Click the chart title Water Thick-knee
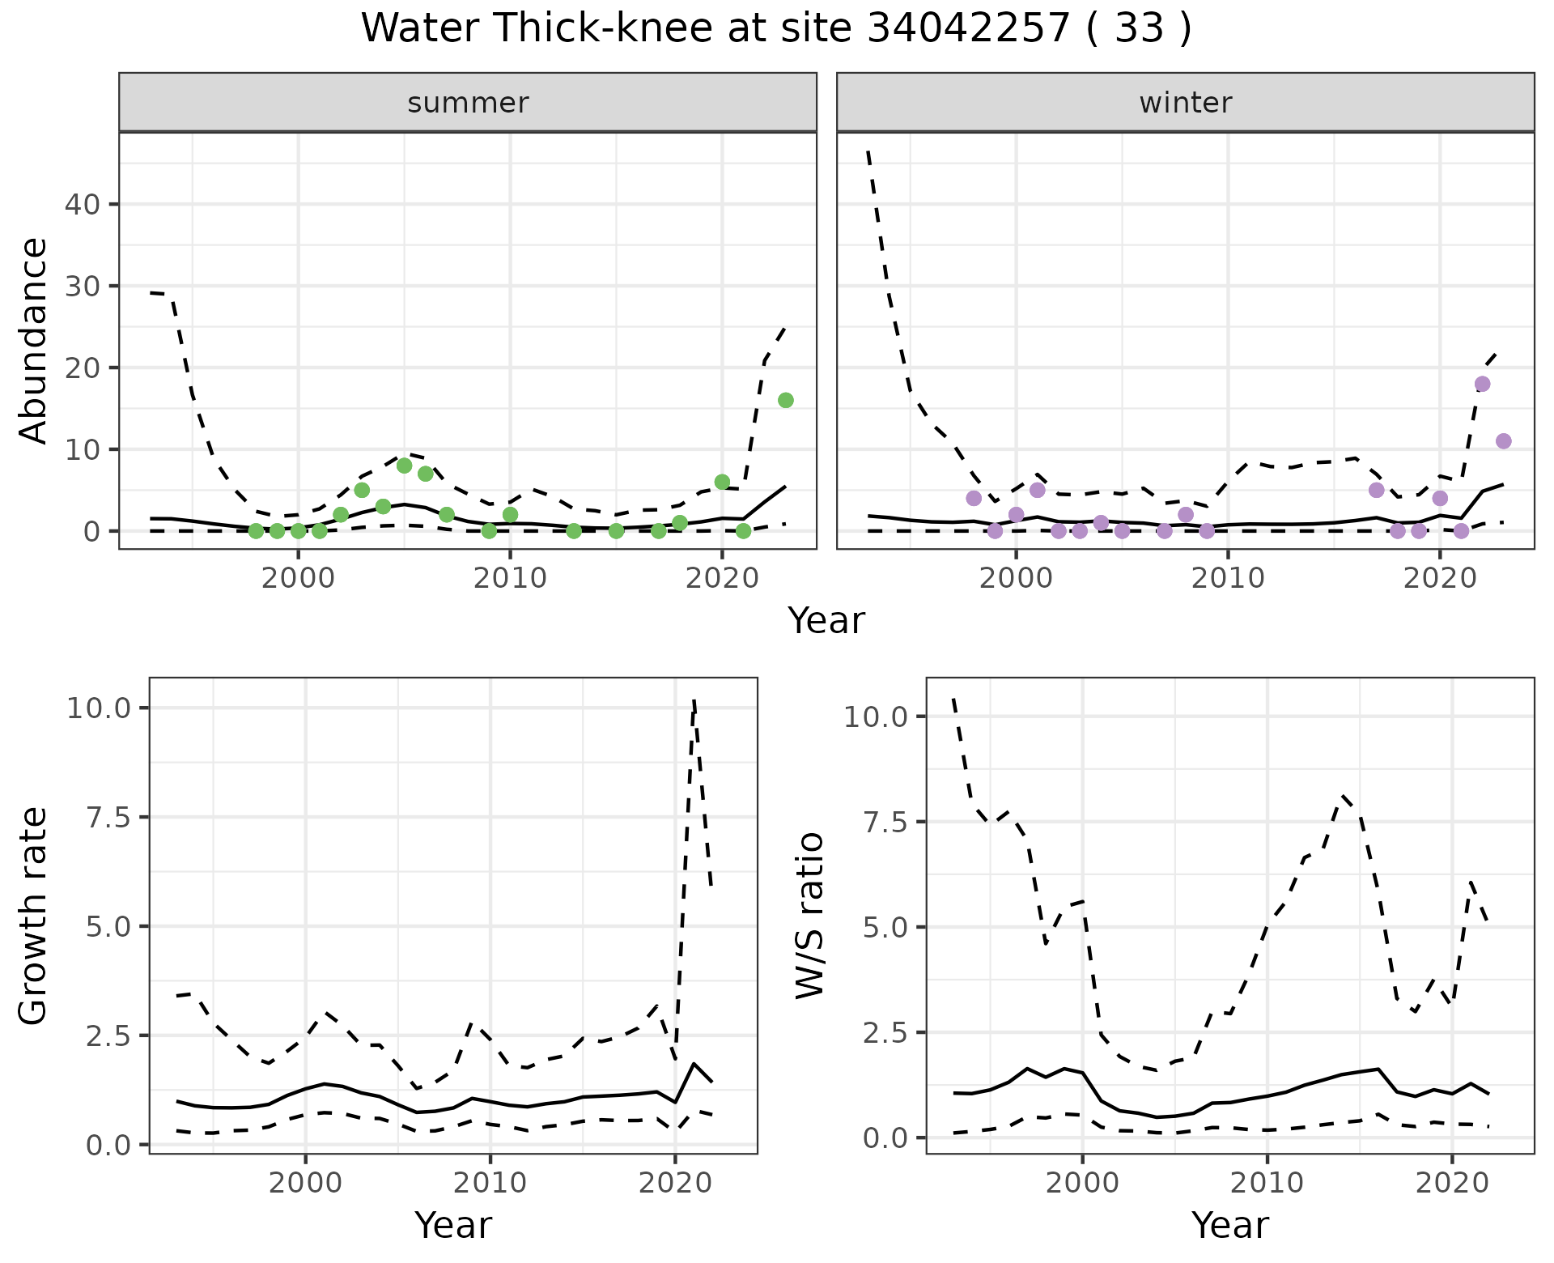(x=775, y=29)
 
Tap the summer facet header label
(x=468, y=103)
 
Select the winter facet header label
(x=1185, y=103)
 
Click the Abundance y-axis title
(x=34, y=340)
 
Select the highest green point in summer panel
(x=785, y=400)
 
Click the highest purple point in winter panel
(x=1482, y=384)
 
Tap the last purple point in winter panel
(x=1503, y=441)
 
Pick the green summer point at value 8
(x=405, y=466)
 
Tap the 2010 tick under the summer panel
(x=510, y=578)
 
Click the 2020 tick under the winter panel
(x=1440, y=578)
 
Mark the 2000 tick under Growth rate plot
(x=305, y=1183)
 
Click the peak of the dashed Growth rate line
(x=694, y=701)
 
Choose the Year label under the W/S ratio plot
(x=1229, y=1225)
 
